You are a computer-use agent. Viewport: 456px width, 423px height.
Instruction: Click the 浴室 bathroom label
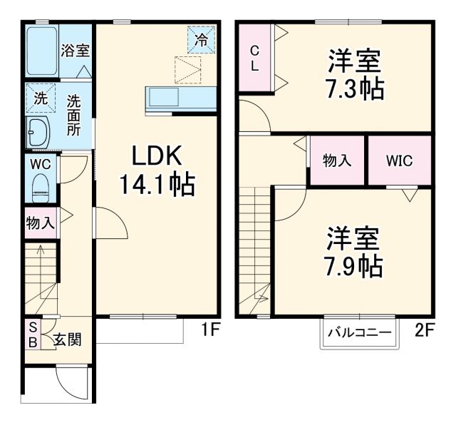(75, 51)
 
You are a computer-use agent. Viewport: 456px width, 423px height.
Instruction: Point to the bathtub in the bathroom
(41, 51)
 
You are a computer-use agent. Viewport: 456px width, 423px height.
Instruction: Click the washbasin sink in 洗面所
(38, 133)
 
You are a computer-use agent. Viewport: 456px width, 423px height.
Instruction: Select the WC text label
(40, 163)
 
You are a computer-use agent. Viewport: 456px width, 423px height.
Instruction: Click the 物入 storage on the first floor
(40, 223)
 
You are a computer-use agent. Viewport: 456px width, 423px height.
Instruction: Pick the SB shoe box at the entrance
(33, 332)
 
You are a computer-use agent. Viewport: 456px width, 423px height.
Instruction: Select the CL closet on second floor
(254, 57)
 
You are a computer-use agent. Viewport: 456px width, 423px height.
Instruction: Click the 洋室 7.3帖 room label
(354, 75)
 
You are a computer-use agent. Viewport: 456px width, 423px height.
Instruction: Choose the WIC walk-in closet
(399, 160)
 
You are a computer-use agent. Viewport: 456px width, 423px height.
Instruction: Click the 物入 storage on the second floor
(337, 160)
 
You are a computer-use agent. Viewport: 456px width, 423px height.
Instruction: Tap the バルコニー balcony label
(359, 332)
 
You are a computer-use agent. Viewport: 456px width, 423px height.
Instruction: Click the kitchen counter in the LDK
(181, 98)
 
